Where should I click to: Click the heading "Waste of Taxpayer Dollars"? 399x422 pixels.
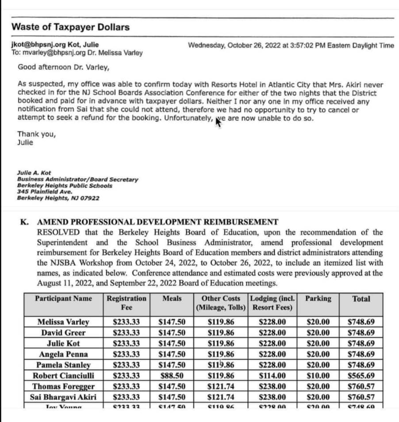pos(70,27)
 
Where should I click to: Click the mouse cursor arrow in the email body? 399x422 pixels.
pos(219,120)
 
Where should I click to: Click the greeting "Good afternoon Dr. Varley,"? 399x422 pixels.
pos(59,67)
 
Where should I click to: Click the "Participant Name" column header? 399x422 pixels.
pos(64,298)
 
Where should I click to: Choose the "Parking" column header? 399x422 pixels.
pos(318,298)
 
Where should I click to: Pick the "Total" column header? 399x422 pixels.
pos(361,299)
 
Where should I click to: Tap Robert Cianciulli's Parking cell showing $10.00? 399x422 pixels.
pos(318,376)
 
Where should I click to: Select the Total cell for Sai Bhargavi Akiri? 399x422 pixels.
pos(361,397)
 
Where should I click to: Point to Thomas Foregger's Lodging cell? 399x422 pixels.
pos(272,386)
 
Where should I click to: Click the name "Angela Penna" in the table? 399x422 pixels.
pos(63,354)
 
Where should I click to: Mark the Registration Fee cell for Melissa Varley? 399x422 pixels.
pos(127,322)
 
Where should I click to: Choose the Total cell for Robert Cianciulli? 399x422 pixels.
pos(361,376)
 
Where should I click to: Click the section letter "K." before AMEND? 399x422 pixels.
pos(24,222)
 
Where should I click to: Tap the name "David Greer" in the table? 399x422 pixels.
pos(63,333)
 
